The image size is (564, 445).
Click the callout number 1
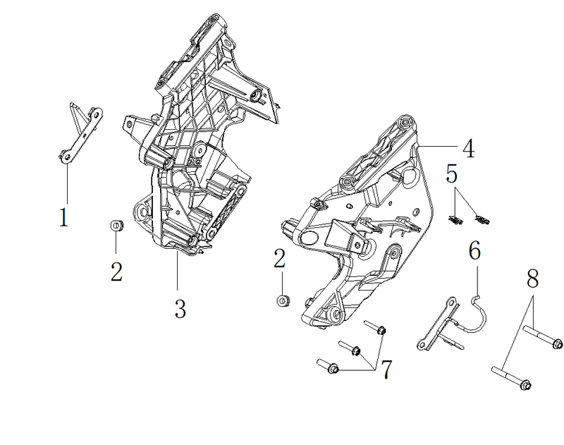click(63, 217)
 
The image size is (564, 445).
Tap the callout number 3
click(180, 309)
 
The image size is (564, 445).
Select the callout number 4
click(468, 149)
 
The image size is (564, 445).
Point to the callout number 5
click(452, 173)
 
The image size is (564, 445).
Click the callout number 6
click(474, 250)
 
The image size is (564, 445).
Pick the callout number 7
click(386, 369)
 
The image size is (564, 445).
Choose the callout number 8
click(533, 278)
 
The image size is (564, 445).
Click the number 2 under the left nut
click(116, 272)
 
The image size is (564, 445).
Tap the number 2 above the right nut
click(279, 258)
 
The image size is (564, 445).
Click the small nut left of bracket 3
click(117, 225)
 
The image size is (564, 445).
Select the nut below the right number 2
click(283, 300)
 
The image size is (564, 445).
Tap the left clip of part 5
click(455, 219)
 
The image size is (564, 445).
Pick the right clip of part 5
click(482, 219)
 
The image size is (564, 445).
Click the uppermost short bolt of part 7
click(376, 327)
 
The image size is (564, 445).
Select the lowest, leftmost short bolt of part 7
click(328, 366)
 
